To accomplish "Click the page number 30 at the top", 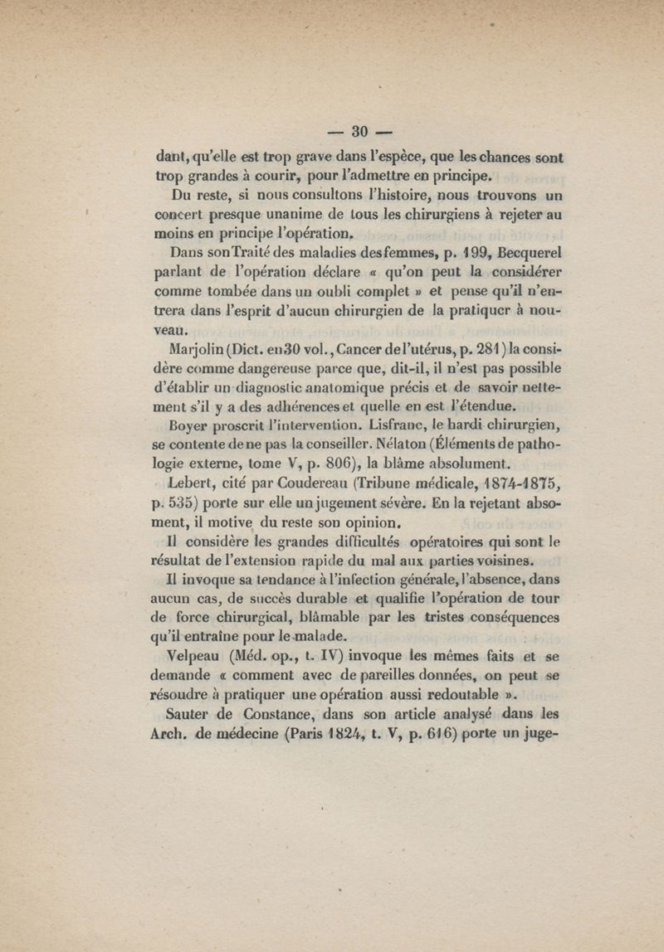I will pos(360,131).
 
